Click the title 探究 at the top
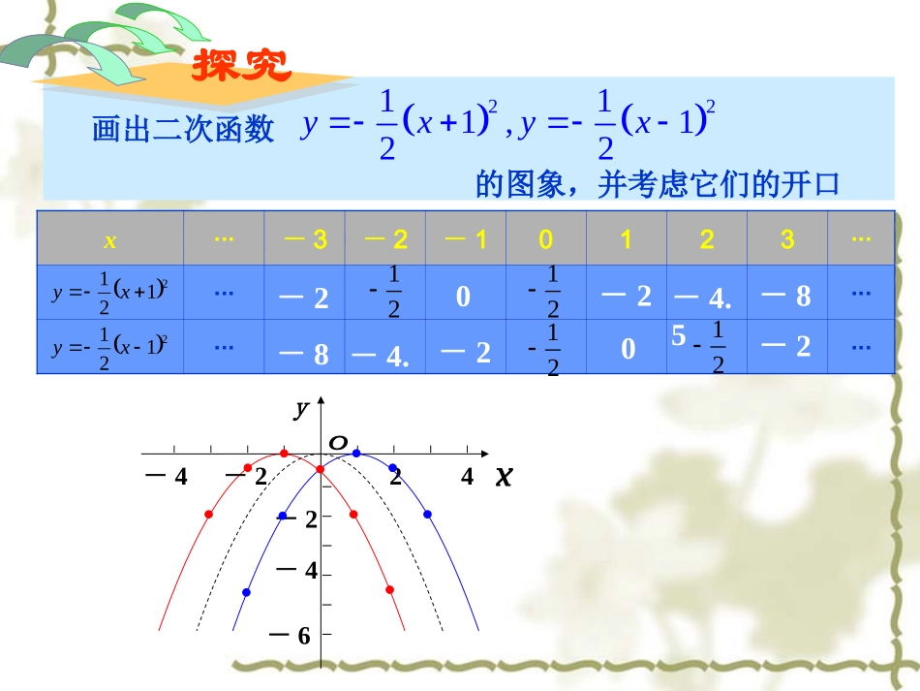[x=241, y=65]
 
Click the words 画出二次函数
[x=183, y=129]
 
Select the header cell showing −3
[x=304, y=239]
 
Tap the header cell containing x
[x=109, y=239]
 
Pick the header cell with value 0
[x=546, y=239]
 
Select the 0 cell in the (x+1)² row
[x=464, y=296]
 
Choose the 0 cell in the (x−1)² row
[x=628, y=349]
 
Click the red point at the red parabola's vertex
[x=284, y=454]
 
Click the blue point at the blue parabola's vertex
[x=356, y=454]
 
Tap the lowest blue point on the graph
[x=246, y=591]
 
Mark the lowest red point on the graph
[x=389, y=589]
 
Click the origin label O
[x=337, y=443]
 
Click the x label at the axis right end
[x=504, y=476]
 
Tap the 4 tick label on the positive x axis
[x=467, y=476]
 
